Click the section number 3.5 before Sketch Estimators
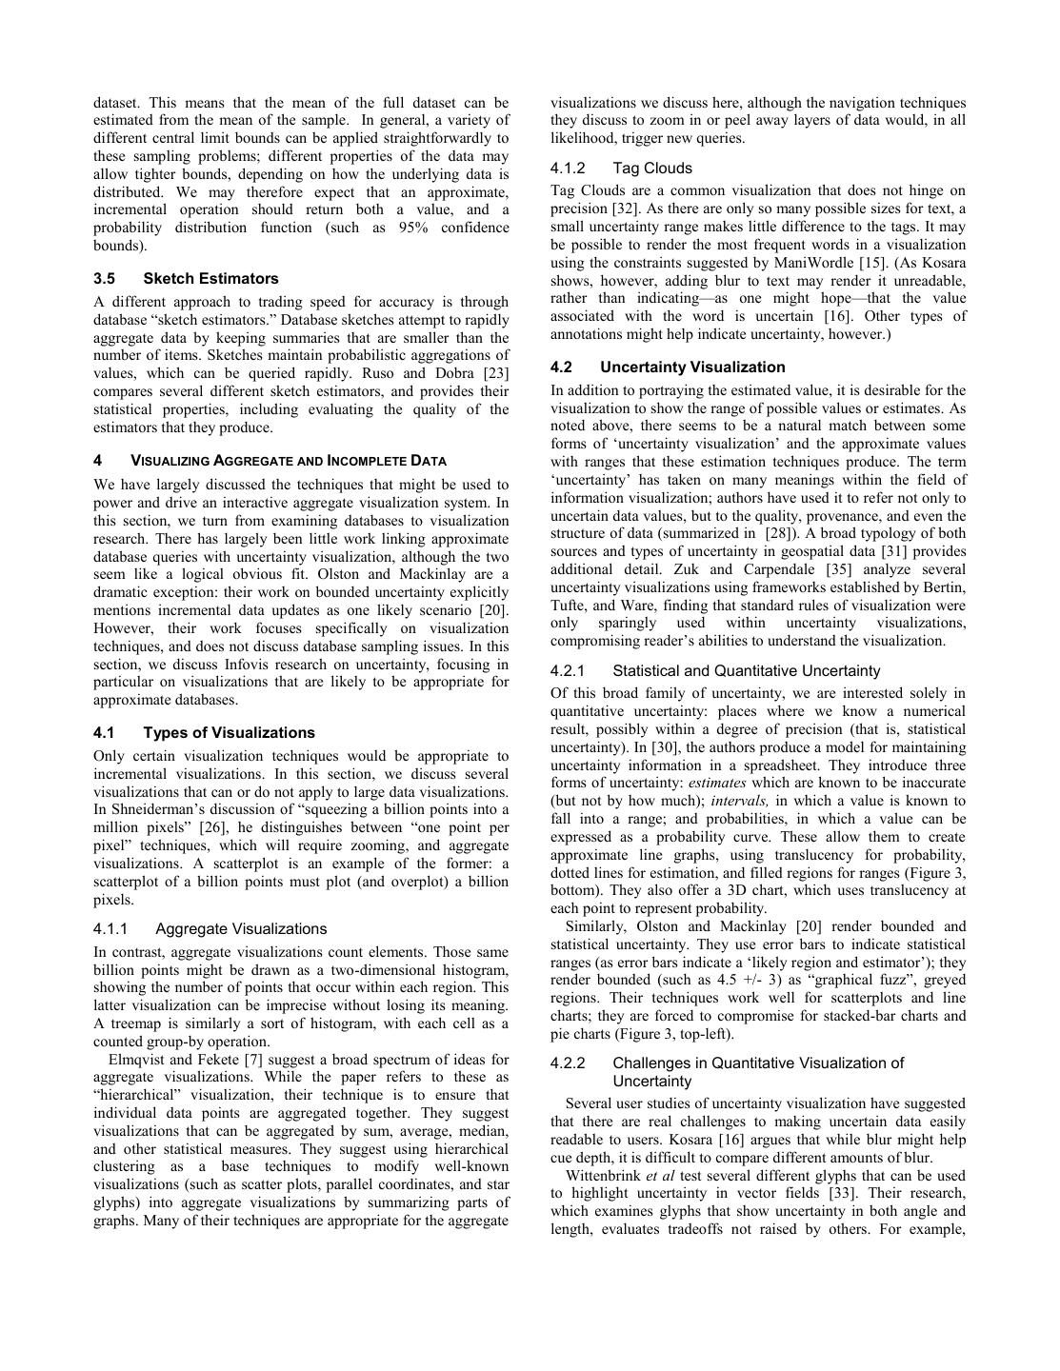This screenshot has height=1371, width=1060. click(105, 279)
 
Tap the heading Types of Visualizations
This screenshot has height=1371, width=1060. click(229, 733)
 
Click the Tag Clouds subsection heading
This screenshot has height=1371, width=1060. click(652, 169)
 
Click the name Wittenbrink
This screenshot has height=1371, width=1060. click(603, 1176)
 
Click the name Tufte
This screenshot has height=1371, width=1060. click(570, 606)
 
